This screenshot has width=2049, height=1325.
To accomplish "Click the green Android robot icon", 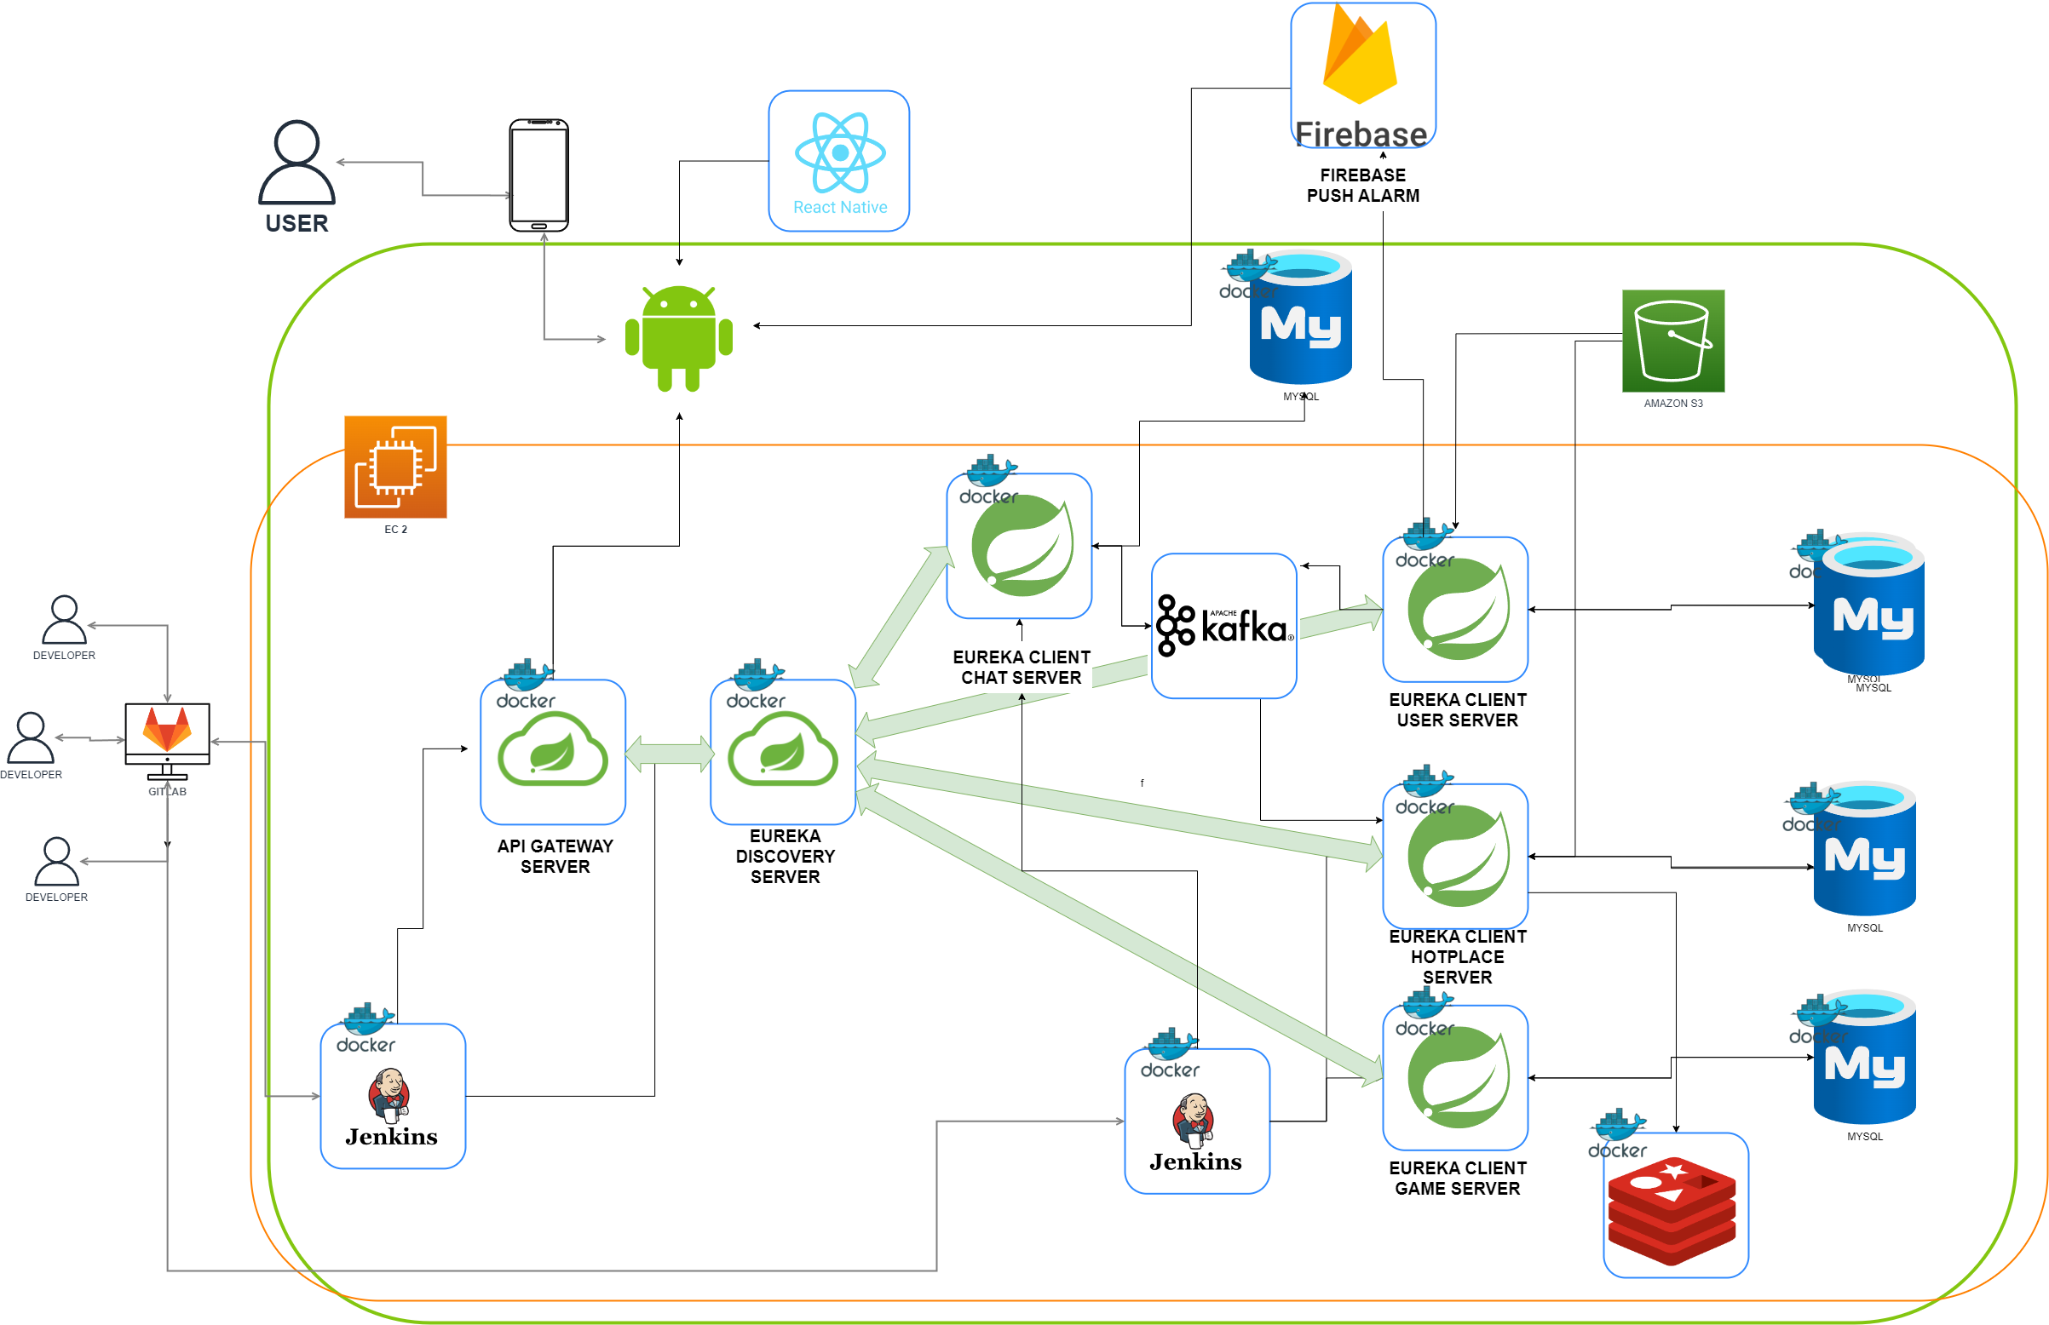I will pos(678,338).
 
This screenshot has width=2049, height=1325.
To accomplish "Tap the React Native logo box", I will pos(838,161).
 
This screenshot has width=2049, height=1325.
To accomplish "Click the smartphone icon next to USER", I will pos(538,175).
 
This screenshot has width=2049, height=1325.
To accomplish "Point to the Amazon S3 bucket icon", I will pos(1672,341).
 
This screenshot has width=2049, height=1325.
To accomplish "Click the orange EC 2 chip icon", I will pos(395,467).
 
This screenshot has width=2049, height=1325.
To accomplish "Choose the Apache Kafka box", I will pos(1223,626).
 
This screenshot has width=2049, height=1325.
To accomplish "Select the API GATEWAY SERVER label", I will pos(555,856).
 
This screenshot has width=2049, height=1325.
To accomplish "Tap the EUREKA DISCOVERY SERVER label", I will pos(785,856).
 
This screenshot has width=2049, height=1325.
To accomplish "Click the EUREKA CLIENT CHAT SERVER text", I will pos(1021,667).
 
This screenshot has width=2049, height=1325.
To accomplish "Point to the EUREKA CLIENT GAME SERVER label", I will pos(1457,1178).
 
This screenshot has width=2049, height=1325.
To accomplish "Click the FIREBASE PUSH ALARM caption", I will pos(1362,185).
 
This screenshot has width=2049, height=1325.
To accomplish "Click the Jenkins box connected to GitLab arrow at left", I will pos(393,1096).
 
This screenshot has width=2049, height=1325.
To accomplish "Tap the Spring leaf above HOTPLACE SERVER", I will pos(1457,856).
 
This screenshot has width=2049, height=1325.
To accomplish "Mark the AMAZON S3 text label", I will pos(1672,404).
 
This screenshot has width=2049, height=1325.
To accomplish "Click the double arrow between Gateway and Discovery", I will pos(669,754).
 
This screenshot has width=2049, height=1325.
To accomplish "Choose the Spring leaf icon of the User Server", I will pos(1457,609).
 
